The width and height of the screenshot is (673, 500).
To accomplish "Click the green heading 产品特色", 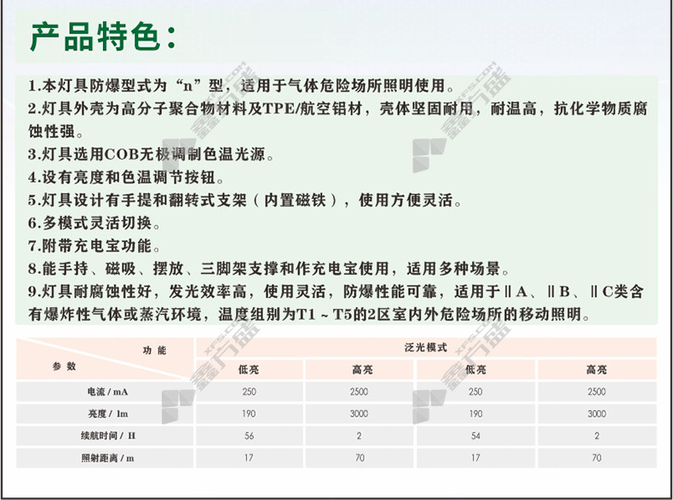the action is coord(95,37).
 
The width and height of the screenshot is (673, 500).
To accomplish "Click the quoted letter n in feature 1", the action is coord(188,86).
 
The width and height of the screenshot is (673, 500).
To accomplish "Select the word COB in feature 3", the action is coord(121,154).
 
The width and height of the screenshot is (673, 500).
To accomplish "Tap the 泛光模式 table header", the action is coord(426,347).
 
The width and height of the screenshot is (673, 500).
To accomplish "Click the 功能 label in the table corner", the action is coord(154,351).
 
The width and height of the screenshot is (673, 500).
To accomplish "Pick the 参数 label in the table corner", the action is coord(65,366).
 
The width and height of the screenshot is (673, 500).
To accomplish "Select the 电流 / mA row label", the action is coord(107,392).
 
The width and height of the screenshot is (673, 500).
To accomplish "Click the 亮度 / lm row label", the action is coord(107,414).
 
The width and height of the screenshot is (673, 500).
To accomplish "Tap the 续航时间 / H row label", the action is coord(107,436).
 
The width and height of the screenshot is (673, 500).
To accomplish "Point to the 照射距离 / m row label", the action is coord(107,458).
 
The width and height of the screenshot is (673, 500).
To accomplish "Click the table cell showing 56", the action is coord(250,436).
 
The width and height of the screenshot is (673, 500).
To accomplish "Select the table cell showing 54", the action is coord(475,436).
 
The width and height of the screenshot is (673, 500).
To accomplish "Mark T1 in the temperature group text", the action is coord(306,315).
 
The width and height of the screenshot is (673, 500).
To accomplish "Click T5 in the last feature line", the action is coord(342,315).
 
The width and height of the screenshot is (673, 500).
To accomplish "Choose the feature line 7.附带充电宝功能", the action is coord(94,246).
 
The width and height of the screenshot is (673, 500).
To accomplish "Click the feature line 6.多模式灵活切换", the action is coord(94,224).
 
